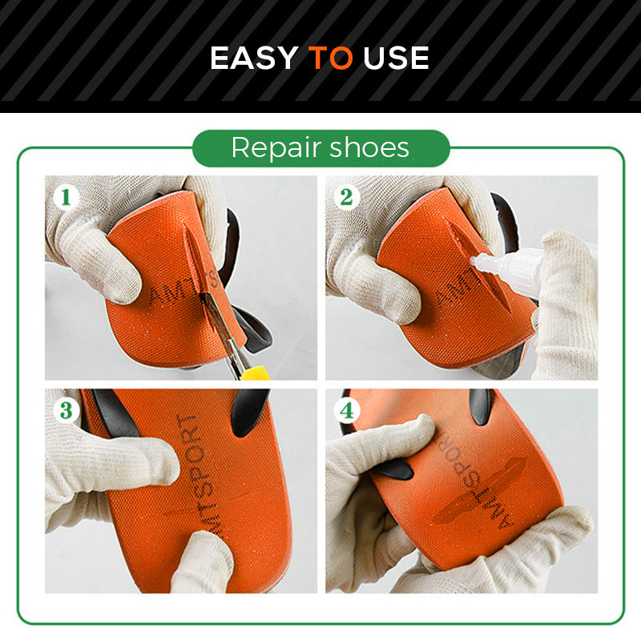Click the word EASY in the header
coord(254,58)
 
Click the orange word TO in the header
coord(330,58)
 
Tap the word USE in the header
coord(396,58)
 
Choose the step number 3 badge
coord(66,410)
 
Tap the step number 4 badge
coord(346,410)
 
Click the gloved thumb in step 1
coord(108,272)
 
